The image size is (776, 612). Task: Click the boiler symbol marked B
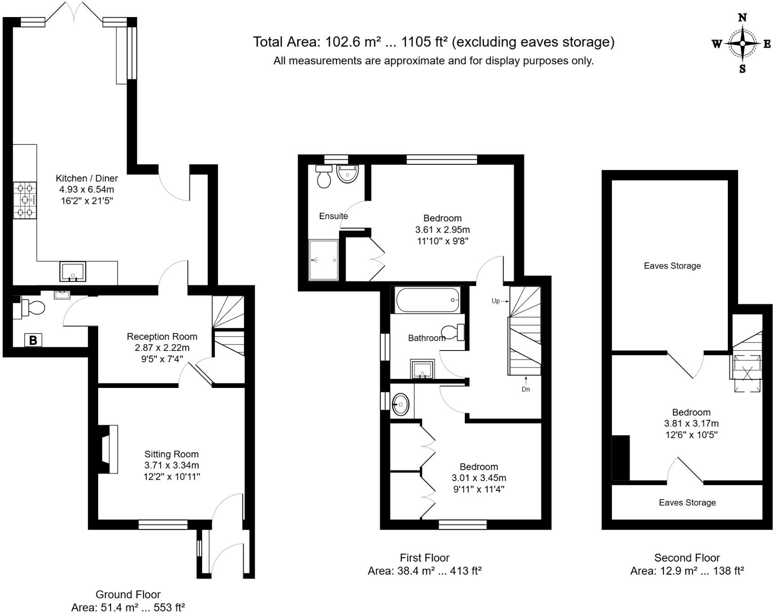[33, 340]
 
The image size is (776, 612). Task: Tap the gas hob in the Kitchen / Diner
[25, 200]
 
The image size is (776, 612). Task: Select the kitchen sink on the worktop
[73, 271]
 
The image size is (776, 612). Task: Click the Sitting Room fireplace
[109, 449]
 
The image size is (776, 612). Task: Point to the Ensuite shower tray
[323, 260]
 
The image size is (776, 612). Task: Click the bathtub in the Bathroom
[427, 300]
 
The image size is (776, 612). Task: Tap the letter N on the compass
[742, 18]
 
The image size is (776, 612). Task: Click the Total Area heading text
[433, 42]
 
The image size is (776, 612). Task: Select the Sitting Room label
[171, 454]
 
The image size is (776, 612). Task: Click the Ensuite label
[333, 216]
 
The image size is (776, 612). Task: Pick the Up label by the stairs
[495, 301]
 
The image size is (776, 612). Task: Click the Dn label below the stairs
[526, 389]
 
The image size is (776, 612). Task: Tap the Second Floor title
[687, 558]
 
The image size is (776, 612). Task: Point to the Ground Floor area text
[128, 607]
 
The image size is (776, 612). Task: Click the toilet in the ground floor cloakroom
[33, 308]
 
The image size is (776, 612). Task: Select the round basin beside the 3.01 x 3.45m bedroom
[400, 404]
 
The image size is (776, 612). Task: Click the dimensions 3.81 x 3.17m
[691, 423]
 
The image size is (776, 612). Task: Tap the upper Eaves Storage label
[672, 266]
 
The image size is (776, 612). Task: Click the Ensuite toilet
[324, 177]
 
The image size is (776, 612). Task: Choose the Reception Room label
[162, 337]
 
